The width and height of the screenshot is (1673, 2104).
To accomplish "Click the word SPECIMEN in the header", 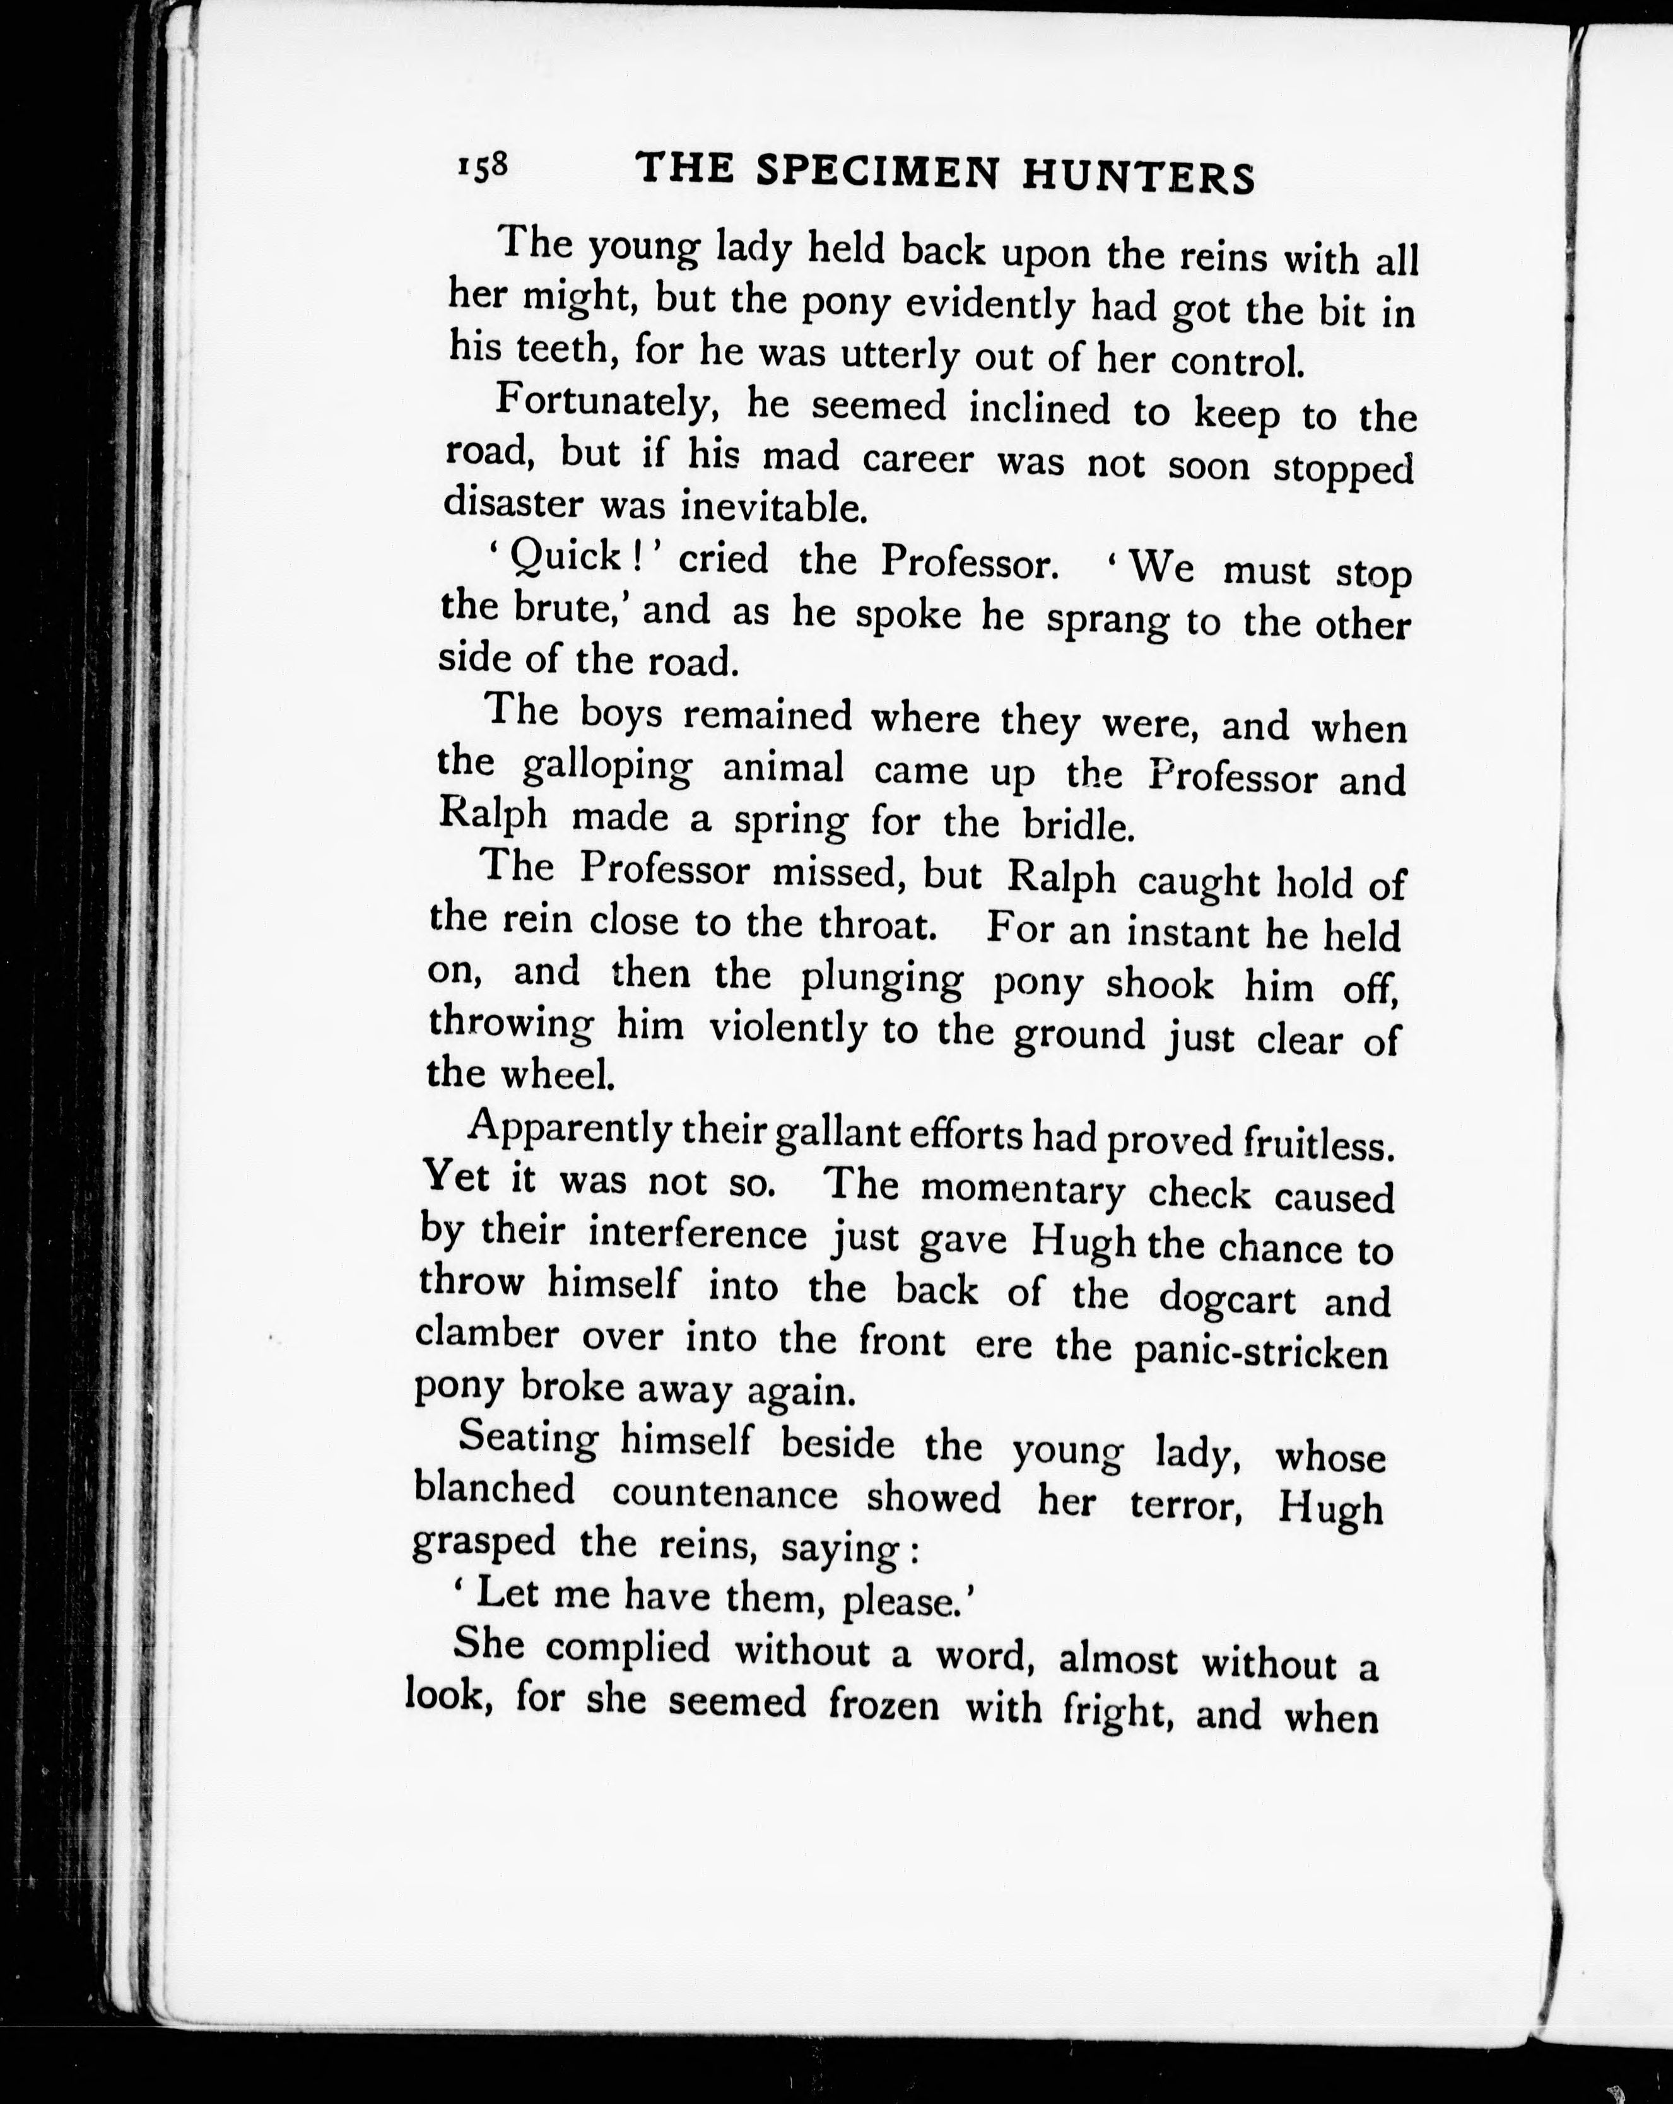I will click(879, 173).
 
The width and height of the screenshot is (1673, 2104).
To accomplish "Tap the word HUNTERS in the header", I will click(1138, 178).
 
